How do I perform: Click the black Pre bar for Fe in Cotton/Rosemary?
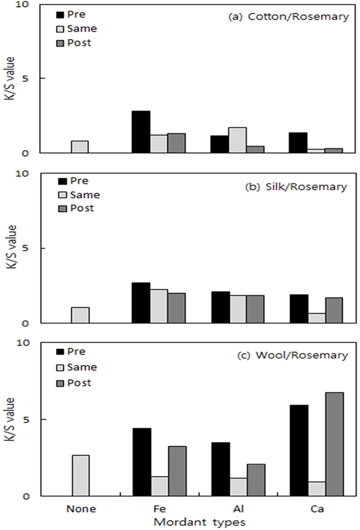(141, 131)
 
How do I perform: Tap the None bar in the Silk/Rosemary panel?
(80, 315)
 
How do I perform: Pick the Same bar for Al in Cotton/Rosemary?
(238, 140)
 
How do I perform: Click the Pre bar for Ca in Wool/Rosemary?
(299, 450)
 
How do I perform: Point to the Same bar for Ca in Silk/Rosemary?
(317, 318)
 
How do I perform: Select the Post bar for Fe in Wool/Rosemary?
(176, 471)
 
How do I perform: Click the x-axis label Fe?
(158, 509)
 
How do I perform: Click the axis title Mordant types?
(199, 522)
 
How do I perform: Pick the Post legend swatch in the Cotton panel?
(59, 43)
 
